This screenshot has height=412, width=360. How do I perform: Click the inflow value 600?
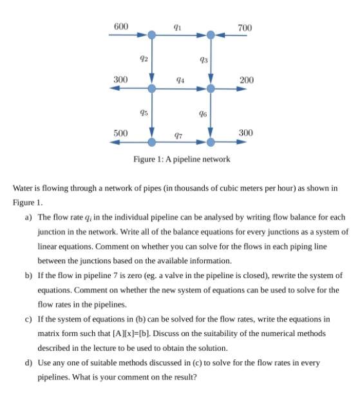(120, 26)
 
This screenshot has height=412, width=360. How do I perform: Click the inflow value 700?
(245, 28)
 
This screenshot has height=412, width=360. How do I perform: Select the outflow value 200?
(246, 80)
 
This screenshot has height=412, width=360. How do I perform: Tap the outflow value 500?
(120, 133)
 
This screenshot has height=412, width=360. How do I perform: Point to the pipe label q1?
(177, 26)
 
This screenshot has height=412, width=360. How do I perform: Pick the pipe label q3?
(203, 60)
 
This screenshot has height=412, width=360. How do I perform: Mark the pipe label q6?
(203, 113)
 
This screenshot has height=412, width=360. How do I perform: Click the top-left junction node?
(151, 35)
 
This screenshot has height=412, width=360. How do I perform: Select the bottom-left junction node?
(151, 142)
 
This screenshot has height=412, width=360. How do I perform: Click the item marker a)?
(29, 218)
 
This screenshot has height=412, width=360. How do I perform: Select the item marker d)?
(29, 362)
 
